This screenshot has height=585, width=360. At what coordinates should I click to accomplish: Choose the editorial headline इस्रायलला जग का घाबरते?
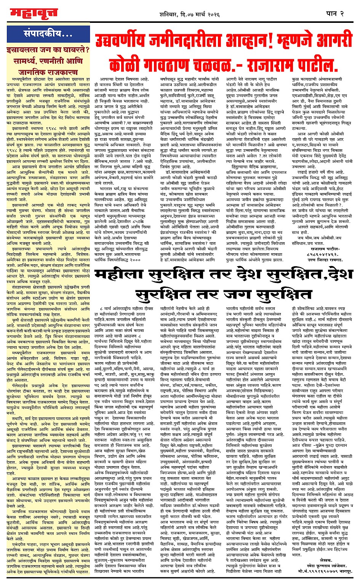click(x=48, y=50)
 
